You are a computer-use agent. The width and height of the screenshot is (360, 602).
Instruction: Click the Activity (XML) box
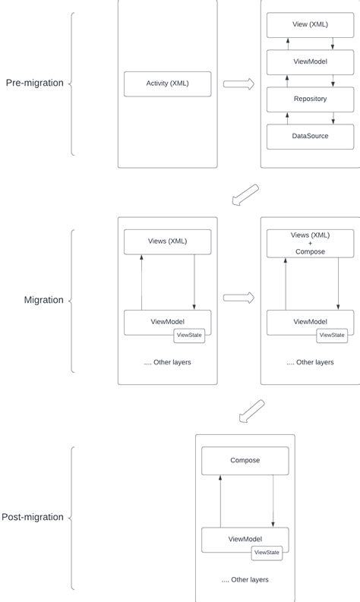tap(167, 84)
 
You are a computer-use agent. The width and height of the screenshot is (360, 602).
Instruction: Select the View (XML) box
tap(310, 26)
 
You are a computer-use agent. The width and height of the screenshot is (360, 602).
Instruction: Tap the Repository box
tap(310, 99)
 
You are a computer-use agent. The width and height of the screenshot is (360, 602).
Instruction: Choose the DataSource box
tap(310, 136)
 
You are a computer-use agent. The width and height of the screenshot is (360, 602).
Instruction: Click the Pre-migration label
tap(34, 84)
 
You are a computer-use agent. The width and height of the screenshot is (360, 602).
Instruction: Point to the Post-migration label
tap(33, 518)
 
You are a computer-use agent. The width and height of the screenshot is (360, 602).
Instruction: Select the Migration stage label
tap(43, 300)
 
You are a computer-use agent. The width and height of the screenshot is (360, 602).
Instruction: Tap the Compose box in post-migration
tap(245, 460)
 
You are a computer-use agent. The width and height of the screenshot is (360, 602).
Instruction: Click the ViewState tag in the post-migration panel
tap(267, 553)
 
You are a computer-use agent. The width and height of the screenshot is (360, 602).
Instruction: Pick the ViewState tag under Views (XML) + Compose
tap(332, 335)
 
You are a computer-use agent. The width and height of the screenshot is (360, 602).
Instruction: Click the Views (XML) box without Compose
tap(167, 241)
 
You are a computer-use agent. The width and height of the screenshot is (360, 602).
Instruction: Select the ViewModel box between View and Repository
tap(310, 62)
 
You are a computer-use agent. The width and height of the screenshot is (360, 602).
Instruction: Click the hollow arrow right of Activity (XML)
tap(238, 84)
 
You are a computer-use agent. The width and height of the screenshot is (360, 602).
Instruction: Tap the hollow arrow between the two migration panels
tap(238, 298)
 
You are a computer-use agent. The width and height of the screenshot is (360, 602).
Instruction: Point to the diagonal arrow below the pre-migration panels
tap(245, 195)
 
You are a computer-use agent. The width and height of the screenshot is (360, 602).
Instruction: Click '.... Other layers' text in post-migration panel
tap(245, 580)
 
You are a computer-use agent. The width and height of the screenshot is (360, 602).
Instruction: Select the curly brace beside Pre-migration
tap(72, 84)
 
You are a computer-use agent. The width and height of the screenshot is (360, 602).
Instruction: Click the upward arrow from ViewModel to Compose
tap(220, 502)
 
